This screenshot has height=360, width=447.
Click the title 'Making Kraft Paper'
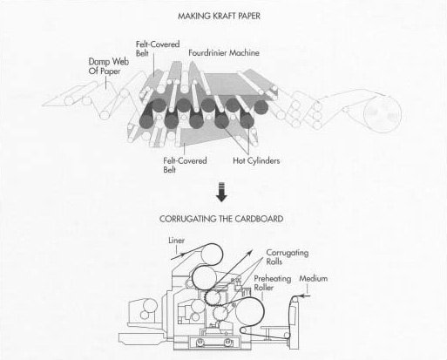click(219, 16)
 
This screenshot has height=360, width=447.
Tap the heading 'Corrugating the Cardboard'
click(221, 219)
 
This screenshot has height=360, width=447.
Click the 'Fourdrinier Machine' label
click(224, 53)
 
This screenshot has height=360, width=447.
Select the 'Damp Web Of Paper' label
click(108, 66)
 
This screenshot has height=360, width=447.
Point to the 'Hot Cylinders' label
click(256, 160)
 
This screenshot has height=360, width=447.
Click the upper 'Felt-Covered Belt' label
click(158, 49)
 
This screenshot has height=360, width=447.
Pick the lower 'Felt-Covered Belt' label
click(185, 165)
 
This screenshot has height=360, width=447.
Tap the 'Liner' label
click(176, 241)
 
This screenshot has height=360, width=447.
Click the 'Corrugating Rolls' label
click(288, 257)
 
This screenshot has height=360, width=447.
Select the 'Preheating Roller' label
click(273, 283)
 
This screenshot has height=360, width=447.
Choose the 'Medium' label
click(314, 278)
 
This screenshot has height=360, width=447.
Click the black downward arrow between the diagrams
click(221, 192)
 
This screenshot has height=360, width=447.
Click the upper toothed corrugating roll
click(213, 298)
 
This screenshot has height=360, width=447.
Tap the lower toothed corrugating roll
click(220, 314)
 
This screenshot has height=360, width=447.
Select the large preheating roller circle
click(249, 312)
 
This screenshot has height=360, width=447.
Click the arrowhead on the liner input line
click(182, 255)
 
